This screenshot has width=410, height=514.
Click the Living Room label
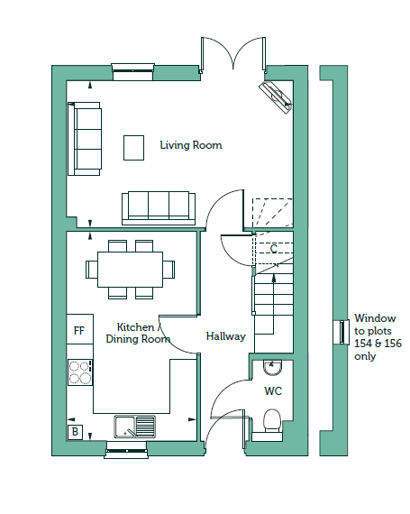(191, 145)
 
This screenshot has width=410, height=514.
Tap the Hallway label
(226, 336)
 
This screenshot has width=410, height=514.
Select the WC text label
(273, 390)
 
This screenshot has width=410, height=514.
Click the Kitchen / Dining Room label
(138, 333)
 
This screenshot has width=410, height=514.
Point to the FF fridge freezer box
(80, 329)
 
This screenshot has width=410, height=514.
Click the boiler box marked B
(75, 432)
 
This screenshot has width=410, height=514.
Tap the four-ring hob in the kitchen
(80, 372)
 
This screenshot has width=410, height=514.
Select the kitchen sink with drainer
(135, 427)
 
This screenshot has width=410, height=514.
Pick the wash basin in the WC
(272, 368)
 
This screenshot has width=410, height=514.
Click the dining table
(130, 270)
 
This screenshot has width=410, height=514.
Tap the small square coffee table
(133, 148)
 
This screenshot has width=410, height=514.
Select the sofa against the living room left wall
(84, 139)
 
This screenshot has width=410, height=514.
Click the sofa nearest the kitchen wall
(159, 208)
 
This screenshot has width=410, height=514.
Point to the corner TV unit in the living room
(276, 97)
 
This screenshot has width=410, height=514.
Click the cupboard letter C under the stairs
(274, 249)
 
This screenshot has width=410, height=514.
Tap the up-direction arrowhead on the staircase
(274, 279)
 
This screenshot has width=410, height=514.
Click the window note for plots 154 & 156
(378, 337)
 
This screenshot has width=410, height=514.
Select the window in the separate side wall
(341, 332)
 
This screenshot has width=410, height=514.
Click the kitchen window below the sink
(126, 449)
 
